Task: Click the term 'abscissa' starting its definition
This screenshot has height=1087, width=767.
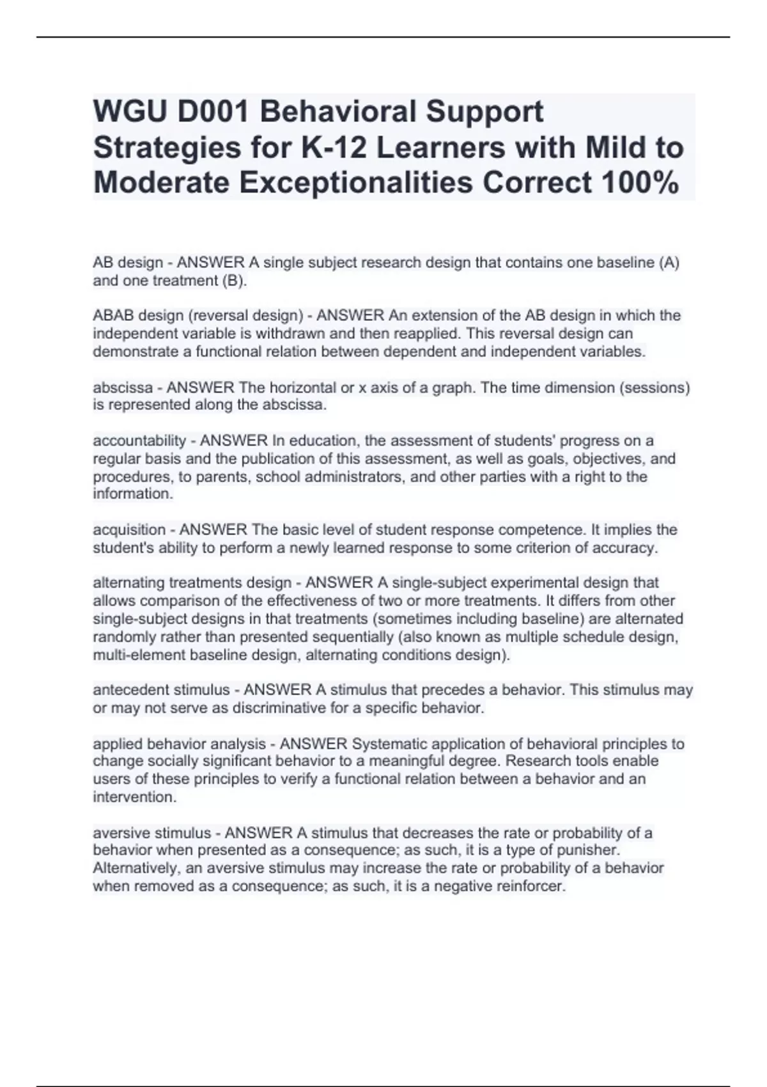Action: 123,387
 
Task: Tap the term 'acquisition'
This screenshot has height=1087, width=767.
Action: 129,529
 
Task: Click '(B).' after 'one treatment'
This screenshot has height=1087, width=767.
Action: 234,281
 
